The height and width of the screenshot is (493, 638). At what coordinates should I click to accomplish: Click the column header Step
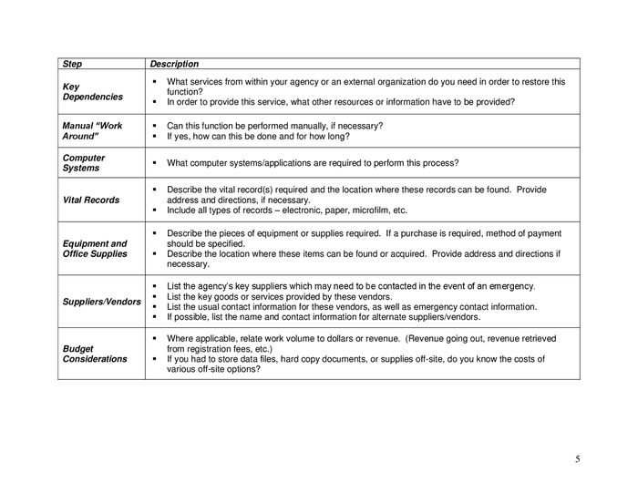point(71,65)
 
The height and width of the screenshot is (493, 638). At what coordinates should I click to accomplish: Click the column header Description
point(174,65)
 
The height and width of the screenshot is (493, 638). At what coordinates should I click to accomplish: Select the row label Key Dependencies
point(92,92)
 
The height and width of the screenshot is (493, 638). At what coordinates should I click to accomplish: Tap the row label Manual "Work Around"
point(91,130)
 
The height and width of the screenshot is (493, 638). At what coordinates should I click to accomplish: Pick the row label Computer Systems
point(83,163)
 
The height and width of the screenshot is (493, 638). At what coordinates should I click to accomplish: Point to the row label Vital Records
point(90,200)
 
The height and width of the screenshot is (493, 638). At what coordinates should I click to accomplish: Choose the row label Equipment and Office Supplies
point(95,249)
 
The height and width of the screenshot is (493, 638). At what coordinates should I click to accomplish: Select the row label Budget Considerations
point(95,354)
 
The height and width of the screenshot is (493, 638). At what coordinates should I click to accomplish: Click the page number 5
point(577,458)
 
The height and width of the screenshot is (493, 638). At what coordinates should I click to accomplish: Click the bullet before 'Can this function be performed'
point(156,125)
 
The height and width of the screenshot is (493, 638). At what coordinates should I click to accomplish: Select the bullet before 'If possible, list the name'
point(156,317)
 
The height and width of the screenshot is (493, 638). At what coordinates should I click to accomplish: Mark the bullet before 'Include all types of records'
point(156,210)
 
